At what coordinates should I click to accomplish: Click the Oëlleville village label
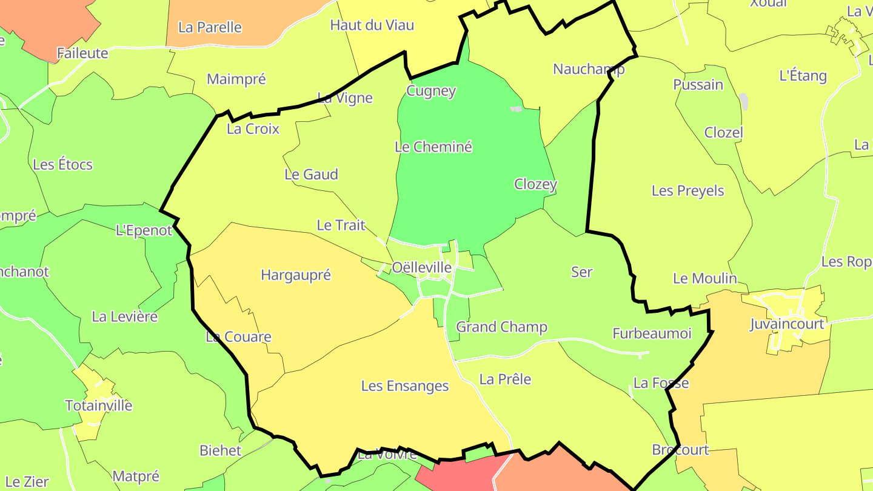[x=422, y=267]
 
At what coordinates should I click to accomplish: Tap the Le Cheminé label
[x=433, y=147]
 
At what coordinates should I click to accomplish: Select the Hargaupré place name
[x=296, y=275]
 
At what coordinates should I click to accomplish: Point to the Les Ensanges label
[x=405, y=386]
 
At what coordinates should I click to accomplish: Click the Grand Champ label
[x=501, y=327]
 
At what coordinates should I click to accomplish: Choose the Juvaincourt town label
[x=788, y=324]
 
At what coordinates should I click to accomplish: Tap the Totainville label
[x=99, y=406]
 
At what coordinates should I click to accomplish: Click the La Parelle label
[x=210, y=27]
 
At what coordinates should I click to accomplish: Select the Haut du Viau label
[x=372, y=25]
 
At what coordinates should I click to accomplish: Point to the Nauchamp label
[x=589, y=69]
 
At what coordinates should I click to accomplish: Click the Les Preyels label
[x=687, y=191]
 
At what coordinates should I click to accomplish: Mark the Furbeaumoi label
[x=652, y=333]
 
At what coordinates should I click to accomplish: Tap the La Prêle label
[x=505, y=379]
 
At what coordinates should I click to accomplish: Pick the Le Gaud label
[x=311, y=175]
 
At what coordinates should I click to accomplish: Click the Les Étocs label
[x=62, y=164]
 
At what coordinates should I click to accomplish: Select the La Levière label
[x=124, y=316]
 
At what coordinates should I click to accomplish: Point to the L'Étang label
[x=803, y=76]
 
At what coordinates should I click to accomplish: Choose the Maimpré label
[x=236, y=79]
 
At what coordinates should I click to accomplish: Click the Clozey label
[x=535, y=184]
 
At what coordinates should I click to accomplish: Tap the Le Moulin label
[x=704, y=279]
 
